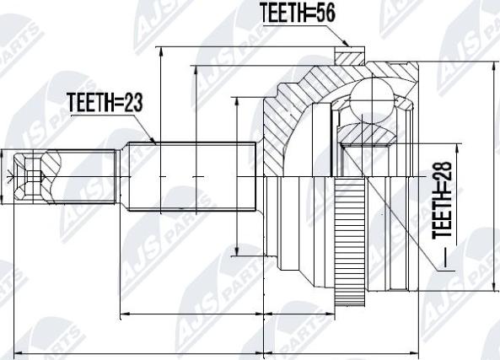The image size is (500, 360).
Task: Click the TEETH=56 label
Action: [298, 13]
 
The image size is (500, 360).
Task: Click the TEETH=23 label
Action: [105, 103]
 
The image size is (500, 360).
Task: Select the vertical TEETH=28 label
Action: [442, 201]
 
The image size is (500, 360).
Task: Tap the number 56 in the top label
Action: [325, 13]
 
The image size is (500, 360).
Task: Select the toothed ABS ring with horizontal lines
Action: [350, 241]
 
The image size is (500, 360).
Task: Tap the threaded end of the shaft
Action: [84, 176]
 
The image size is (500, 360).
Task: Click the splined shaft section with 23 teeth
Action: [192, 176]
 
